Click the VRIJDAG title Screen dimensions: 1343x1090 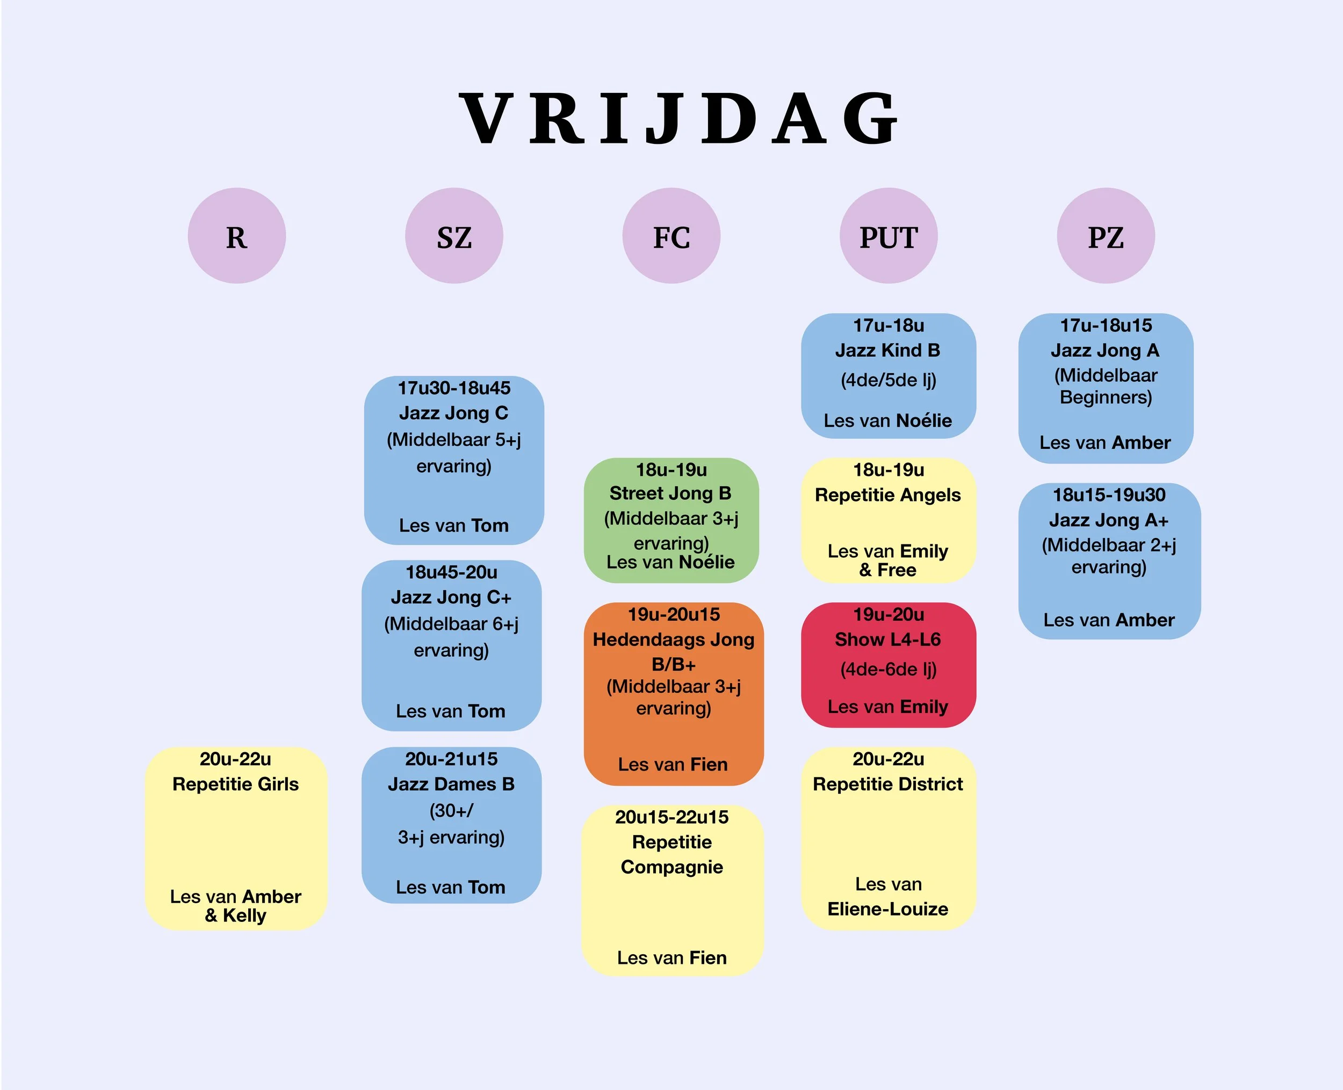(x=678, y=119)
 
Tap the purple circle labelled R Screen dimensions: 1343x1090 (x=237, y=236)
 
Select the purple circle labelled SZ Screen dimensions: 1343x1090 (x=453, y=236)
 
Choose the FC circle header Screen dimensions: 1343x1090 (x=671, y=236)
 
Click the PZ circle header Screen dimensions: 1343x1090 (x=1106, y=236)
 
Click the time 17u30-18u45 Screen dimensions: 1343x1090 (x=453, y=388)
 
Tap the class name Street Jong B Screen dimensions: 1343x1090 (x=670, y=493)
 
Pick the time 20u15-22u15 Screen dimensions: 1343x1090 (x=671, y=817)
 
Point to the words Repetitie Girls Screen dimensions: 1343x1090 (x=235, y=784)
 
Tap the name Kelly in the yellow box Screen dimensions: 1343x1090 (x=244, y=915)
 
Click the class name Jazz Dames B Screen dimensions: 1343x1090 (x=451, y=784)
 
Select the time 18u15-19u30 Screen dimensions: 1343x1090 (x=1109, y=495)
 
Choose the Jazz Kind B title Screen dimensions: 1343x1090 (x=887, y=350)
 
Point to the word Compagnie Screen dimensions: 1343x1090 (x=671, y=867)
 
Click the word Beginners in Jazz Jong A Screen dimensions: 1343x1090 (x=1106, y=397)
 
